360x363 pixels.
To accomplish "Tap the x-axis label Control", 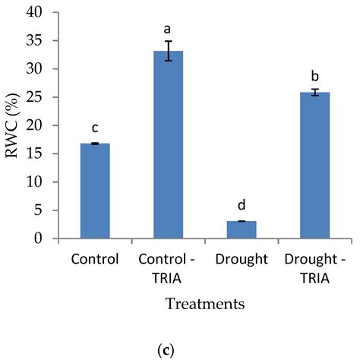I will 95,258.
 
